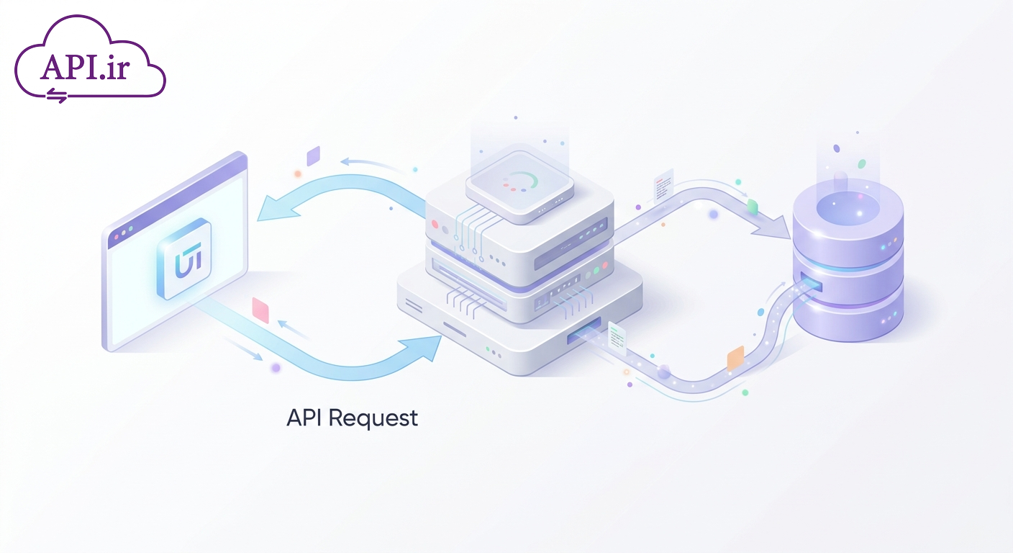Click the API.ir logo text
pyautogui.click(x=85, y=68)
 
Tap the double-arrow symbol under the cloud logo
pyautogui.click(x=57, y=95)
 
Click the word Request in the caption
pyautogui.click(x=373, y=418)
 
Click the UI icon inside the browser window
pyautogui.click(x=183, y=258)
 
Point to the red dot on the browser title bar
pyautogui.click(x=117, y=237)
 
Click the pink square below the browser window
pyautogui.click(x=260, y=310)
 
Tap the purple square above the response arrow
pyautogui.click(x=314, y=156)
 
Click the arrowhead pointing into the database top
pyautogui.click(x=773, y=228)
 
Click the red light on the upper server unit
pyautogui.click(x=435, y=224)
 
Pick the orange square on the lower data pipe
pyautogui.click(x=735, y=359)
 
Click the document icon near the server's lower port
pyautogui.click(x=617, y=338)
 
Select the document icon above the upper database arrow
pyautogui.click(x=663, y=186)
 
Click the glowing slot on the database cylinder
pyautogui.click(x=812, y=282)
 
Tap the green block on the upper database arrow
pyautogui.click(x=752, y=207)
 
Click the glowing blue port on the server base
pyautogui.click(x=584, y=330)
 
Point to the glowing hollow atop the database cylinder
pyautogui.click(x=848, y=208)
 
